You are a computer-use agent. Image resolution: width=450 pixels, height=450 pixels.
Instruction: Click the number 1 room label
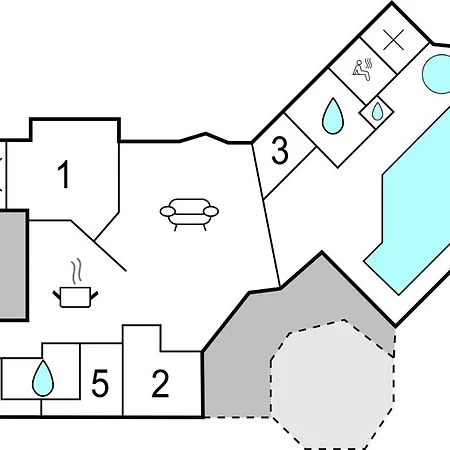[64, 176]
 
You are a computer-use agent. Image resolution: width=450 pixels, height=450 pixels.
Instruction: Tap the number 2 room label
[160, 383]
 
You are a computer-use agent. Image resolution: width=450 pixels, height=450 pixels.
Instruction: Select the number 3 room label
[280, 152]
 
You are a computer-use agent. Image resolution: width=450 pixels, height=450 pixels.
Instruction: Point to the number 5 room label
[99, 383]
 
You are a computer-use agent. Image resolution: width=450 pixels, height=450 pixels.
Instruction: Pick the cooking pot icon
[73, 296]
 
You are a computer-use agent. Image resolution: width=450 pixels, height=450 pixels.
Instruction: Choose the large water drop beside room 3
[331, 118]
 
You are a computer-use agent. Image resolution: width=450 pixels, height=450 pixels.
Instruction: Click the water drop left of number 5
[42, 379]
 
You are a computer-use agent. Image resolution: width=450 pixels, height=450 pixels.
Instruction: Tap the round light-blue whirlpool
[437, 72]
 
